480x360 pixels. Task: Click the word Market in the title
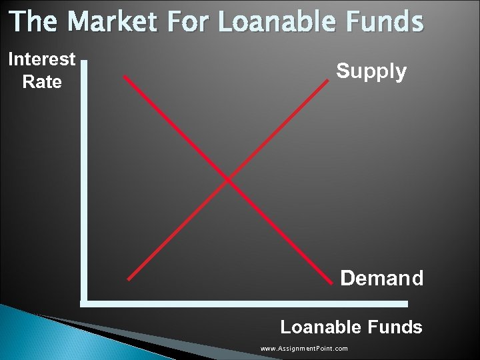coord(113,21)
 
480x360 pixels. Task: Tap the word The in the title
coord(34,21)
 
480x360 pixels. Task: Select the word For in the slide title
coord(187,21)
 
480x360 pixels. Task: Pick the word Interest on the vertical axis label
coord(42,59)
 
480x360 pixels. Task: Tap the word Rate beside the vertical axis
coord(42,82)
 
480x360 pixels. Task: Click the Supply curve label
coord(371,71)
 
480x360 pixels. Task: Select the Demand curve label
coord(381,278)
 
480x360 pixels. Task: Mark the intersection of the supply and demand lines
coord(228,179)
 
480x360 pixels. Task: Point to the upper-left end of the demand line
coord(125,77)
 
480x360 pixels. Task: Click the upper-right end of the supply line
coord(329,81)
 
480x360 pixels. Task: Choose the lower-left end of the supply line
coord(128,279)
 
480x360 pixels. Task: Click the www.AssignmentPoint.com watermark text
coord(304,349)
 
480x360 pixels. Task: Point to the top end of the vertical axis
coord(84,61)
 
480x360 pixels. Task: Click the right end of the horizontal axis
coord(407,303)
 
